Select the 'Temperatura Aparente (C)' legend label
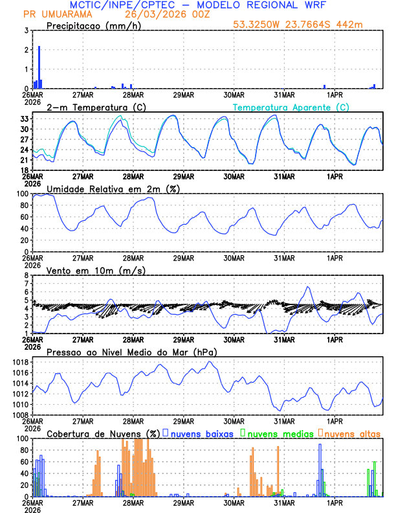click(291, 107)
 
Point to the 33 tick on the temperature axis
click(25, 119)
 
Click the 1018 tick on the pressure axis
click(19, 363)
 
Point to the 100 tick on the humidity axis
click(22, 194)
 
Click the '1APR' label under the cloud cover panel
click(334, 502)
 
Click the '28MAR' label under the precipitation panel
click(133, 94)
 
